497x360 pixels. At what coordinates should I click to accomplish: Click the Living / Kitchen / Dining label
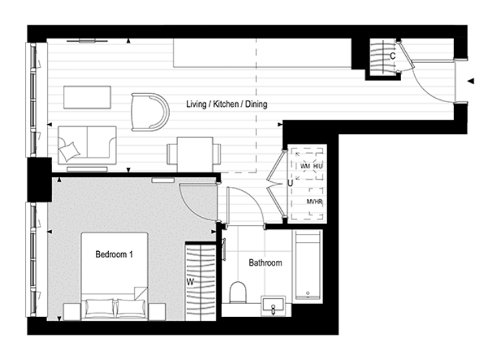tap(227, 105)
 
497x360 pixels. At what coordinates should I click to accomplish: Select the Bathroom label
tap(265, 262)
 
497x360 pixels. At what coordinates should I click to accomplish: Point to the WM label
tap(305, 166)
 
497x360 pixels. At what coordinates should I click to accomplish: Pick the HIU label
tap(318, 166)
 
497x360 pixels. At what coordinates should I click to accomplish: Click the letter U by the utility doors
tap(290, 183)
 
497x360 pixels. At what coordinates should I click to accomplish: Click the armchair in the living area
tap(150, 111)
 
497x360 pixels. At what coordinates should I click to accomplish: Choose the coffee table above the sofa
tap(88, 97)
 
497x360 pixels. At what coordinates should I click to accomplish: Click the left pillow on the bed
tap(99, 309)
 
